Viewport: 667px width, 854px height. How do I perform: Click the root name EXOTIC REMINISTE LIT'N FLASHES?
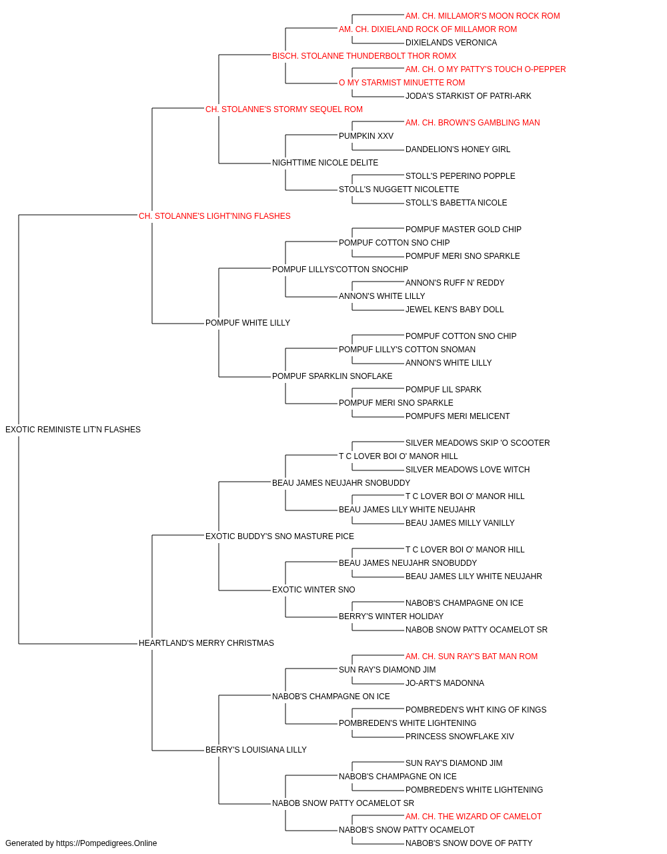(x=73, y=430)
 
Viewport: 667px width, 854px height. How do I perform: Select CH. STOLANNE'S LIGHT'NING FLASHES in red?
(x=215, y=216)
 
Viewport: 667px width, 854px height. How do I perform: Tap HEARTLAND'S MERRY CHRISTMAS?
(x=206, y=643)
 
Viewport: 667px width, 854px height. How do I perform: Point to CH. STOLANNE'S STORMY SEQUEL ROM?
(x=284, y=109)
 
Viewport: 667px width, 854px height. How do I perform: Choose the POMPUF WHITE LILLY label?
(x=248, y=323)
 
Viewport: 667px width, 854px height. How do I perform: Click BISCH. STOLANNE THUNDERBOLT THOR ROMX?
(x=364, y=56)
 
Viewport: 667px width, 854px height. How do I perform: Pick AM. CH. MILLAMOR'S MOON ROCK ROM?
(x=483, y=16)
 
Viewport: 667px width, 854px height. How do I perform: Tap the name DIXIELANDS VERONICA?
(x=452, y=43)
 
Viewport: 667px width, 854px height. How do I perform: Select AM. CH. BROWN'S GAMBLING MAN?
(x=472, y=123)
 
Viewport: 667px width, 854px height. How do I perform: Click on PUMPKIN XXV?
(x=366, y=136)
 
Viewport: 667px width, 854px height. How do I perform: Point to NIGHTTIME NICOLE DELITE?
(x=325, y=163)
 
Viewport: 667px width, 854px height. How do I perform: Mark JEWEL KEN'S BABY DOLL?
(x=454, y=310)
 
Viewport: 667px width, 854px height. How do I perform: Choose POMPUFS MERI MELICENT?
(x=458, y=416)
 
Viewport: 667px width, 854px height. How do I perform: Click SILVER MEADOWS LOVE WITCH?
(x=468, y=470)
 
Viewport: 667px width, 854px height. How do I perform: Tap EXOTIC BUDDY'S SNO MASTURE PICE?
(x=279, y=536)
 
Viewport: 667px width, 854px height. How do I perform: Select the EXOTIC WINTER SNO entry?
(x=313, y=590)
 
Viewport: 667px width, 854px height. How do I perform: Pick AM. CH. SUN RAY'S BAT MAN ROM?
(x=472, y=657)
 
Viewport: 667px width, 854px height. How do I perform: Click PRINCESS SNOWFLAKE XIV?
(x=460, y=737)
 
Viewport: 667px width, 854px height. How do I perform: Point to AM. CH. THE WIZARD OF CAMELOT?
(x=474, y=817)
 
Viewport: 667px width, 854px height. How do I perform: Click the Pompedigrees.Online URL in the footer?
(x=107, y=843)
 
